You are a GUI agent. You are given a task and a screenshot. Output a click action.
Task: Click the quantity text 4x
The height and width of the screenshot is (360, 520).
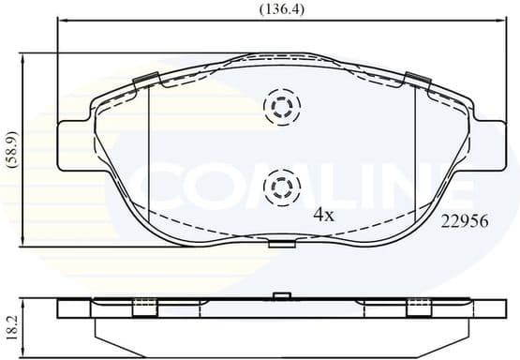322,215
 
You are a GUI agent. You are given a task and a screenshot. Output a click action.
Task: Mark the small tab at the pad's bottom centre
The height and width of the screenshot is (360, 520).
278,244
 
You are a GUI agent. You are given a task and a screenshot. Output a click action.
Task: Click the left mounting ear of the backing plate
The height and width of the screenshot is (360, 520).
74,147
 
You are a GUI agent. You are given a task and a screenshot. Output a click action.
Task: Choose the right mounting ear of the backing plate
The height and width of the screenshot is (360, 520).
486,147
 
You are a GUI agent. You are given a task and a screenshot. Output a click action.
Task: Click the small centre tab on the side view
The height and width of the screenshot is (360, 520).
278,298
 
